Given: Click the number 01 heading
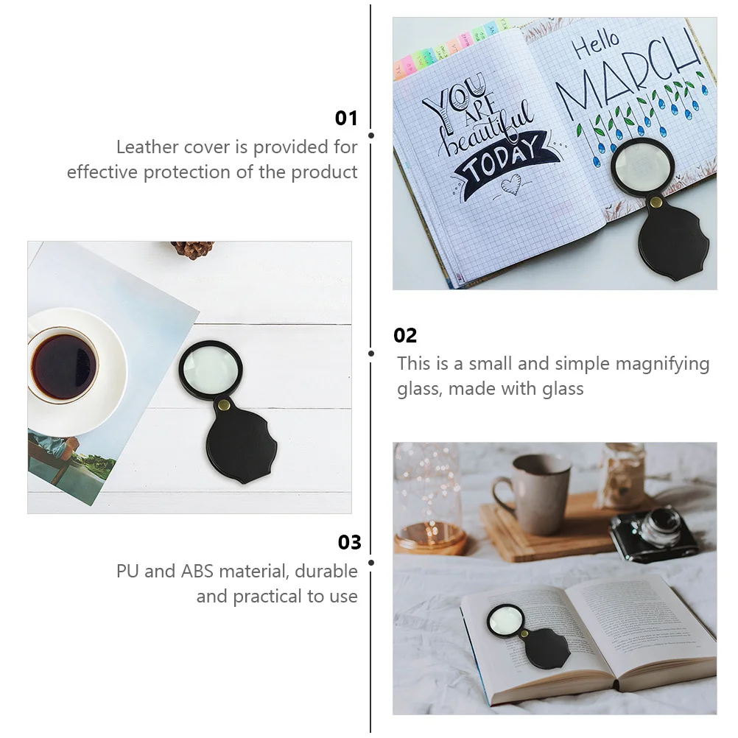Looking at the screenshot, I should point(346,119).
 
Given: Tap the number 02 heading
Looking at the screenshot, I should point(405,336).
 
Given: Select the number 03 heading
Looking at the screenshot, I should point(350,543).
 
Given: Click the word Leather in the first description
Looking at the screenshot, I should point(148,147).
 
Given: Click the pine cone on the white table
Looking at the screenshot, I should point(193,250).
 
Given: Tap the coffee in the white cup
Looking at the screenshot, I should point(63,366).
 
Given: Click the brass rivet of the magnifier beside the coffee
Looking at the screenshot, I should point(225,404).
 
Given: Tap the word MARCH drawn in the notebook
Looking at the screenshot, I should point(630,74).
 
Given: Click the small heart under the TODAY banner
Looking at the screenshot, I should point(510,186).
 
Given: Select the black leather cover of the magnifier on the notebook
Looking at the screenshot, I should point(672,244).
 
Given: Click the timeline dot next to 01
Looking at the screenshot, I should point(371,136).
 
